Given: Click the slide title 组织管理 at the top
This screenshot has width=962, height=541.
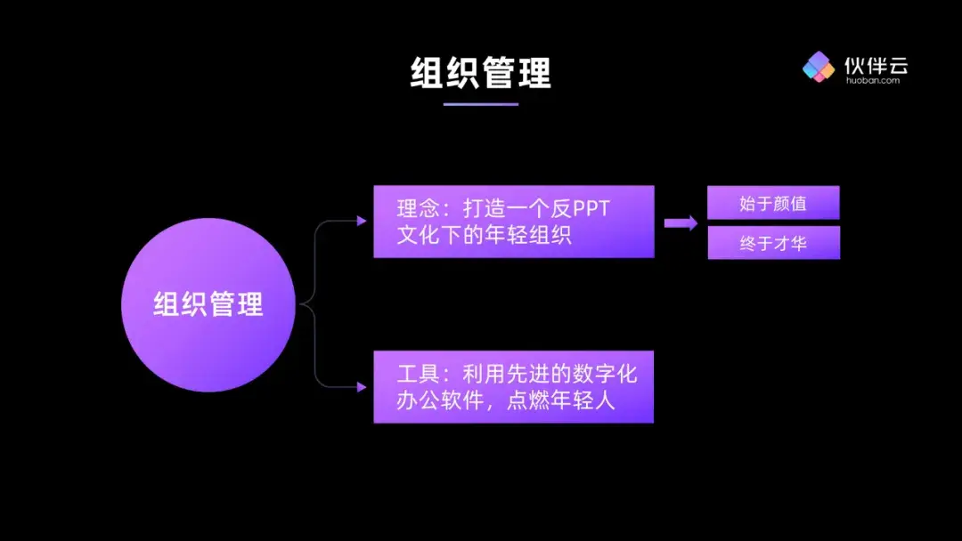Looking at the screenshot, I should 481,73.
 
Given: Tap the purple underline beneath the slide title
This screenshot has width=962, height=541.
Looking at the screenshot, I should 481,104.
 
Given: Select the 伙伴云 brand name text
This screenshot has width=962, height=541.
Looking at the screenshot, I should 876,64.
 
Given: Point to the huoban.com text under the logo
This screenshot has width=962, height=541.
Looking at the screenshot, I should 872,80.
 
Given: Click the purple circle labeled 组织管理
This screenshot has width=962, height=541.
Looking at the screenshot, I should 208,305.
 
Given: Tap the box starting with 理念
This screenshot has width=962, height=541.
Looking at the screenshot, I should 513,222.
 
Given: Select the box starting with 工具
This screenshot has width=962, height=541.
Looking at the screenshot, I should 513,386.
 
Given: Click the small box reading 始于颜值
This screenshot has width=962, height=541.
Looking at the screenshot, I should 773,203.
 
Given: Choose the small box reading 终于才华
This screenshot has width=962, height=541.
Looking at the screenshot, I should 773,243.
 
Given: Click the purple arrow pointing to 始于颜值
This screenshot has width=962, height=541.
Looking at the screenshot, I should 681,222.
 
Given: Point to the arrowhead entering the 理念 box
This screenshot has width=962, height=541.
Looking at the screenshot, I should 362,221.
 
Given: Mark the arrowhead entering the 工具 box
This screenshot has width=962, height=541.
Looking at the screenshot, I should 362,387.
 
